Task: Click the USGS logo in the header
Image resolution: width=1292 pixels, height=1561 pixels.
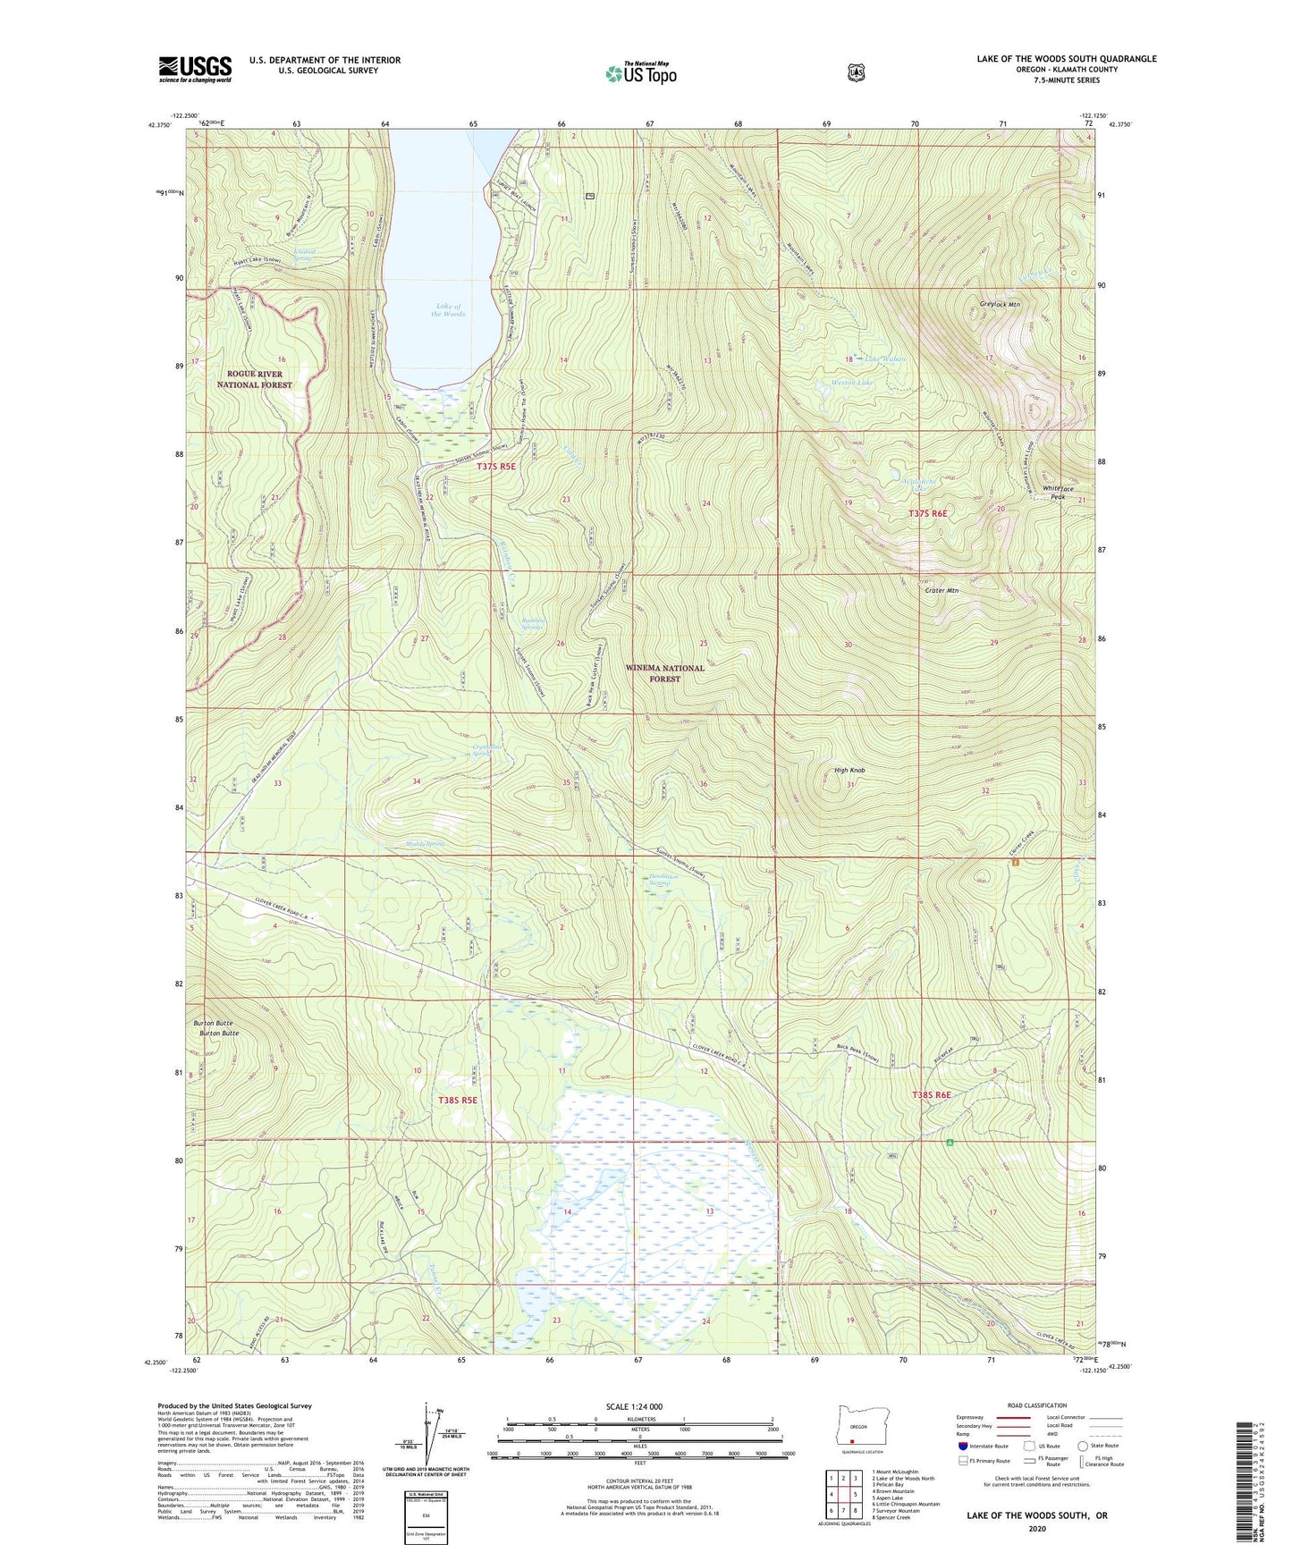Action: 195,69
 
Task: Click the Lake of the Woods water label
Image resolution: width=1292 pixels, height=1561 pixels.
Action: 448,310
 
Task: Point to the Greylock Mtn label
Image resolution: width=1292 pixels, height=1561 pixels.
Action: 999,305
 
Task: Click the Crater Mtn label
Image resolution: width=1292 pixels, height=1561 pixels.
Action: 942,591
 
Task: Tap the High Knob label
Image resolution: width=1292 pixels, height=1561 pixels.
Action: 849,771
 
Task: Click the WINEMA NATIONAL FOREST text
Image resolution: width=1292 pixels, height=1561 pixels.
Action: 664,673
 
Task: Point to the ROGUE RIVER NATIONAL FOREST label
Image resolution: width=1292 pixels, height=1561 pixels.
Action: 255,379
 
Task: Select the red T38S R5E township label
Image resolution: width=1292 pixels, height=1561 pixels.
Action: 459,1101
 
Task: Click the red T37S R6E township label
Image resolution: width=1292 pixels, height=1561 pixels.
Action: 927,514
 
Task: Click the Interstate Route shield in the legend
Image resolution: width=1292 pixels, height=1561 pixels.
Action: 962,1446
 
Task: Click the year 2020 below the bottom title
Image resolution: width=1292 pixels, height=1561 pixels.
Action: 1036,1529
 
